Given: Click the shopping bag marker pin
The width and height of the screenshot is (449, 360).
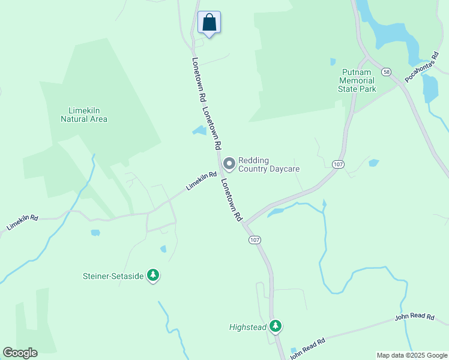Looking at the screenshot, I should [x=209, y=23].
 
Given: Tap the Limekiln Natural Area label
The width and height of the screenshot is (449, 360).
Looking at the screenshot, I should [x=84, y=114].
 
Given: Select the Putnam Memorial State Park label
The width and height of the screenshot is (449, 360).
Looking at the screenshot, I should [x=357, y=80].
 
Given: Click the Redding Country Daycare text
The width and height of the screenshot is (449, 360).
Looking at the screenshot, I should [x=268, y=164].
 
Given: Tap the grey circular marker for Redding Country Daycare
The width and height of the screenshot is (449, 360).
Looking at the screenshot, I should [x=229, y=164].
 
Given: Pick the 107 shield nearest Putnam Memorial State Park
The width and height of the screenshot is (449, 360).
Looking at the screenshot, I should [x=337, y=164].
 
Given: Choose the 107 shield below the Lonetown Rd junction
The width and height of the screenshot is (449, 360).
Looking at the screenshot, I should [x=254, y=240].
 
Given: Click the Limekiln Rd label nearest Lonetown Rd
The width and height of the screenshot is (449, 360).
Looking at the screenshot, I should [x=201, y=181].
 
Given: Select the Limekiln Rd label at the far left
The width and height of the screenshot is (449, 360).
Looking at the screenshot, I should [x=22, y=222].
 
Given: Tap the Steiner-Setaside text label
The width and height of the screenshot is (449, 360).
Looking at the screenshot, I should [x=113, y=276].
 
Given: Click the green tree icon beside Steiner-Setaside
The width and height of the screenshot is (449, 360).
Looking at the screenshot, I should [x=153, y=275].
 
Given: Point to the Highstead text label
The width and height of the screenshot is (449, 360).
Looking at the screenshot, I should [x=247, y=327].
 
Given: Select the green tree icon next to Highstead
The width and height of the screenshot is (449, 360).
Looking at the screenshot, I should [x=275, y=326].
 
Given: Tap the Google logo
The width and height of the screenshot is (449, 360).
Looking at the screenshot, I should [x=20, y=353].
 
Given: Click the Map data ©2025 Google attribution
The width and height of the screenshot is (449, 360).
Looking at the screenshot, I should [x=412, y=355].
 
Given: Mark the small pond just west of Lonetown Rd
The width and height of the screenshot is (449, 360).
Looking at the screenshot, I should [x=199, y=130].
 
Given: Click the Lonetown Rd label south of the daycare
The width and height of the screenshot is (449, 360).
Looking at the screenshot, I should [x=231, y=199].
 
